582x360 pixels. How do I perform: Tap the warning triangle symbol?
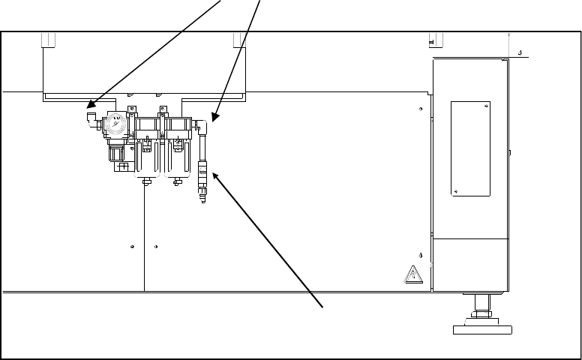[x=413, y=274]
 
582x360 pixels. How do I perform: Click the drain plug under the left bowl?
[x=145, y=181]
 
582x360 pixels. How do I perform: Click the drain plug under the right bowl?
[x=178, y=181]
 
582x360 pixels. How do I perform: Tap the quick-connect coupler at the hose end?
[x=201, y=180]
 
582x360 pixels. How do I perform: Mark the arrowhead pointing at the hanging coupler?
[x=216, y=175]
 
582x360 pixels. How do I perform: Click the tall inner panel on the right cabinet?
[x=469, y=148]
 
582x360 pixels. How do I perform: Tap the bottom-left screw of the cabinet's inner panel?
[x=455, y=191]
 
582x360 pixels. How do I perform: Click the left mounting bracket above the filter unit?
[x=130, y=112]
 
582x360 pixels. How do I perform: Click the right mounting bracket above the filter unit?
[x=159, y=112]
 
